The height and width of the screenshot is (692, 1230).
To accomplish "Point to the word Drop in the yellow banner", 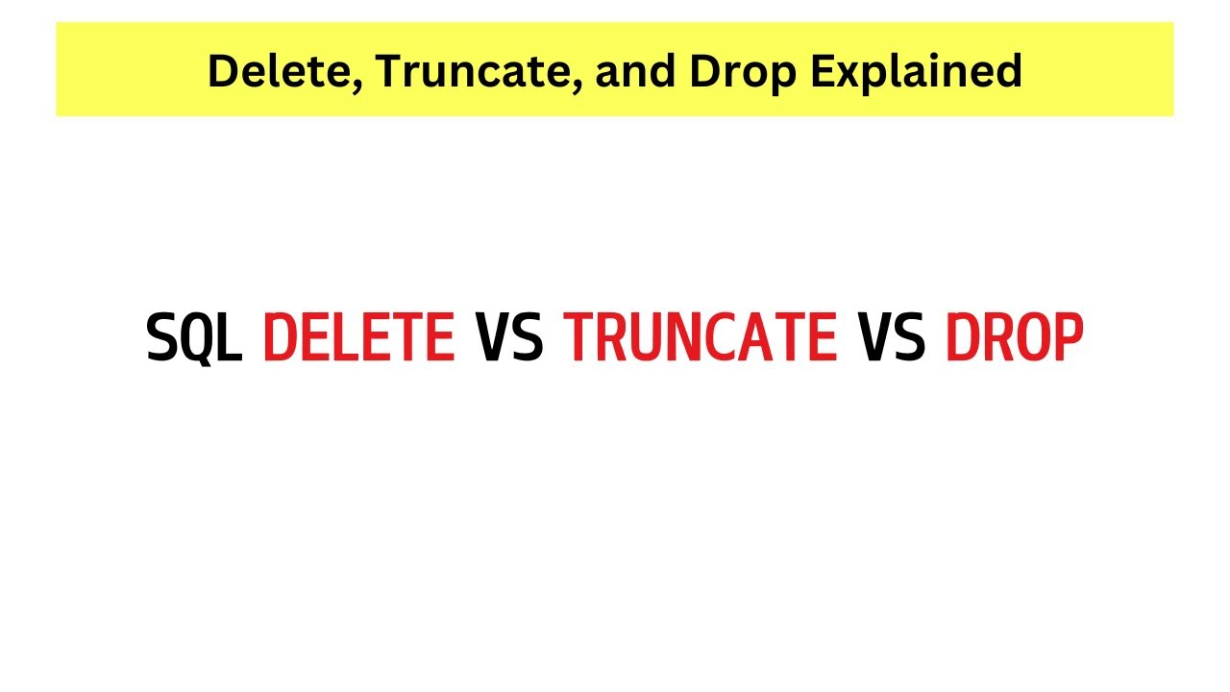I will coord(725,71).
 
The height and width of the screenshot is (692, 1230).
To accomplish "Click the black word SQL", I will coord(194,338).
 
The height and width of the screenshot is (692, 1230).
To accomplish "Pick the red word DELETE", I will coord(358,338).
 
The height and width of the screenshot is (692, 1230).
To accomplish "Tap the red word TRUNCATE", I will coord(701,338).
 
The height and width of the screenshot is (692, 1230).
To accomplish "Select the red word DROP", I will coord(1015,338).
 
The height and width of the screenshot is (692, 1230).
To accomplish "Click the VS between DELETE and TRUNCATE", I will coord(509,338).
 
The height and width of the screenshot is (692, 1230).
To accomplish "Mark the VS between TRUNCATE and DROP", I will coord(892,338).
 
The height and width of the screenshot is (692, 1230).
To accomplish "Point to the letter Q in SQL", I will coord(195,339).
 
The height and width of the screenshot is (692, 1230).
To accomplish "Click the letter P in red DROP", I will coord(1068,338).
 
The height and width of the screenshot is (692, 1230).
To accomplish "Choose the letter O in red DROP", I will coord(1032,338).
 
